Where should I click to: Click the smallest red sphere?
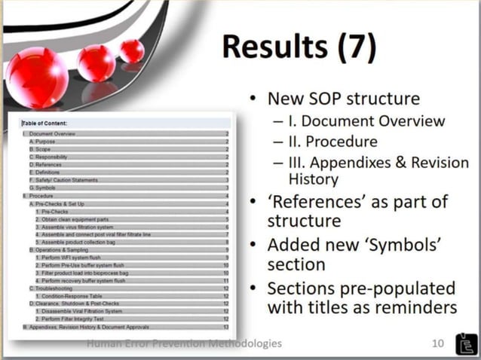click(x=132, y=50)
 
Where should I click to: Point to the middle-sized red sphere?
click(x=97, y=63)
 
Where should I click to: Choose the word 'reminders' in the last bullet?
click(x=421, y=308)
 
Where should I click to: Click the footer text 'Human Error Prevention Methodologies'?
click(x=185, y=343)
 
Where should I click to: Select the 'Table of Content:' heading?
click(x=44, y=124)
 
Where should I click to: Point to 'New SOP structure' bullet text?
click(x=346, y=99)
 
